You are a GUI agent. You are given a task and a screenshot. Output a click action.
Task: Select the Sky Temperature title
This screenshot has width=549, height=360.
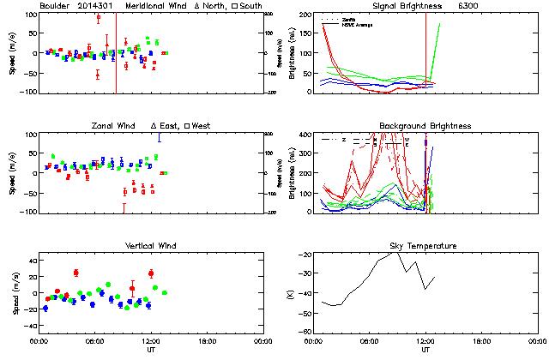[425, 246]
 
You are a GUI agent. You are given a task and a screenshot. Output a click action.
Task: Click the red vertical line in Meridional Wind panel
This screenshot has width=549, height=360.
[116, 51]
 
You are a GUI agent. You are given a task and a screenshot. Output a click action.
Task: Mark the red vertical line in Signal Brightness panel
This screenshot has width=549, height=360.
[426, 51]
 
